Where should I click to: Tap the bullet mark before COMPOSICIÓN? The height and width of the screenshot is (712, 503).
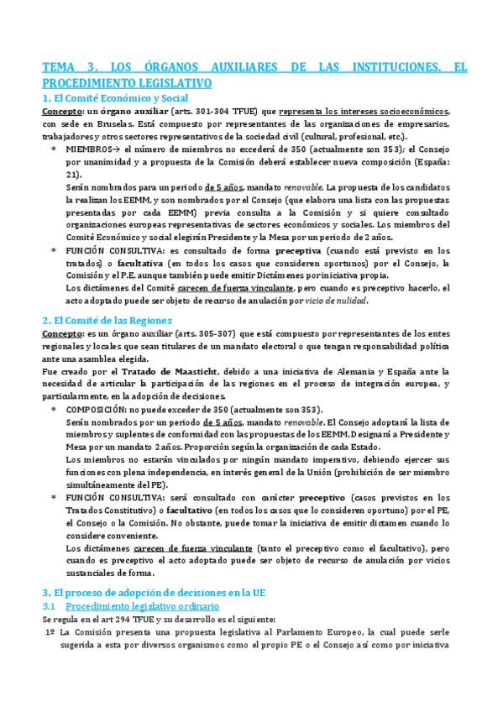54,409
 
